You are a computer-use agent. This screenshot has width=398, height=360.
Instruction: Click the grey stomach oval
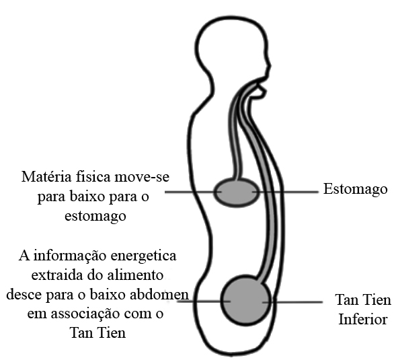pos(237,192)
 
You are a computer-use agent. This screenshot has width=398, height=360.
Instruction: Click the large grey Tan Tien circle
pos(245,301)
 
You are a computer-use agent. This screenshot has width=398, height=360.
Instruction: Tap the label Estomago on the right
pos(355,190)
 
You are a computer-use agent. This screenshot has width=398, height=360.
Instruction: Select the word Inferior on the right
pos(363,320)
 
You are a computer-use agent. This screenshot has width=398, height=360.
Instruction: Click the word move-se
pos(142,177)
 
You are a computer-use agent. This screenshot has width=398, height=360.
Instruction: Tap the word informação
pos(71,256)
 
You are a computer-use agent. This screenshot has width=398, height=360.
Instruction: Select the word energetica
pos(144,256)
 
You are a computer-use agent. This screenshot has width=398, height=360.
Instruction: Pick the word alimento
pos(136,275)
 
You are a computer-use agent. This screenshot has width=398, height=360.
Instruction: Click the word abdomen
pos(165,295)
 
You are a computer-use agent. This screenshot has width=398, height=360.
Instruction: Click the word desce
pos(25,295)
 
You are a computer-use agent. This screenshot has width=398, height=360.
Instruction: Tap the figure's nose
pos(270,66)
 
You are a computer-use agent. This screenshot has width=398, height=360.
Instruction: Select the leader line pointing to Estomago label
pos(286,192)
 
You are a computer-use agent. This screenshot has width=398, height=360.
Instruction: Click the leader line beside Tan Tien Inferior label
pos(292,302)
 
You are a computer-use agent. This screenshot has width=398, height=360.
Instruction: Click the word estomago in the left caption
pos(95,217)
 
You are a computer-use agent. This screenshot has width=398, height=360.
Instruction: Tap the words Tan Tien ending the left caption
pos(98,333)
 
